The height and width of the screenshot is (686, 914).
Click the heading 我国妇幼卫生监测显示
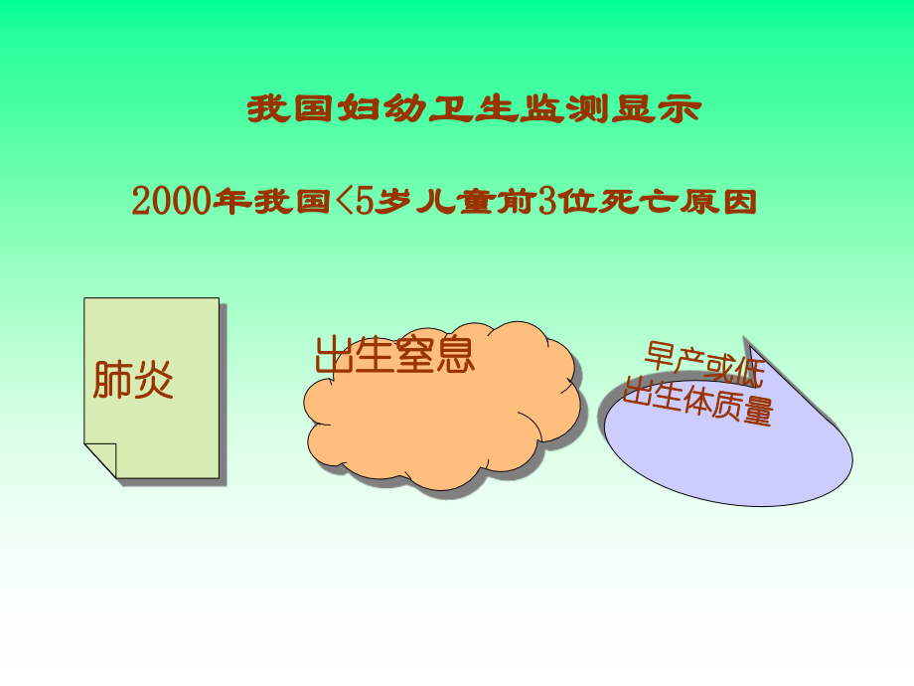coord(473,108)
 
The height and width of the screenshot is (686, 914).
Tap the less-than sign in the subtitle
coord(341,202)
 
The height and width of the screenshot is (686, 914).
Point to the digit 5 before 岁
coord(364,202)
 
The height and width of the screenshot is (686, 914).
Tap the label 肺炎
coord(133,379)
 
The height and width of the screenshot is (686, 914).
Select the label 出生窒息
coord(394,355)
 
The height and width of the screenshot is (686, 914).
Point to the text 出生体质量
coord(697,402)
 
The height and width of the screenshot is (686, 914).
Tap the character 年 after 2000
coord(230,202)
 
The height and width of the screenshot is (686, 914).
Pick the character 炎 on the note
coord(154,379)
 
